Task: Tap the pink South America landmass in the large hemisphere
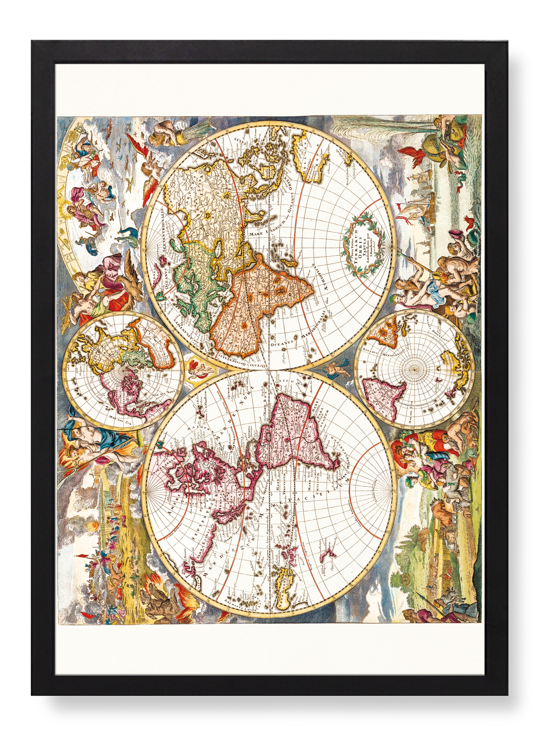click(x=294, y=432)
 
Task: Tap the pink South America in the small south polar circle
click(x=383, y=393)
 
